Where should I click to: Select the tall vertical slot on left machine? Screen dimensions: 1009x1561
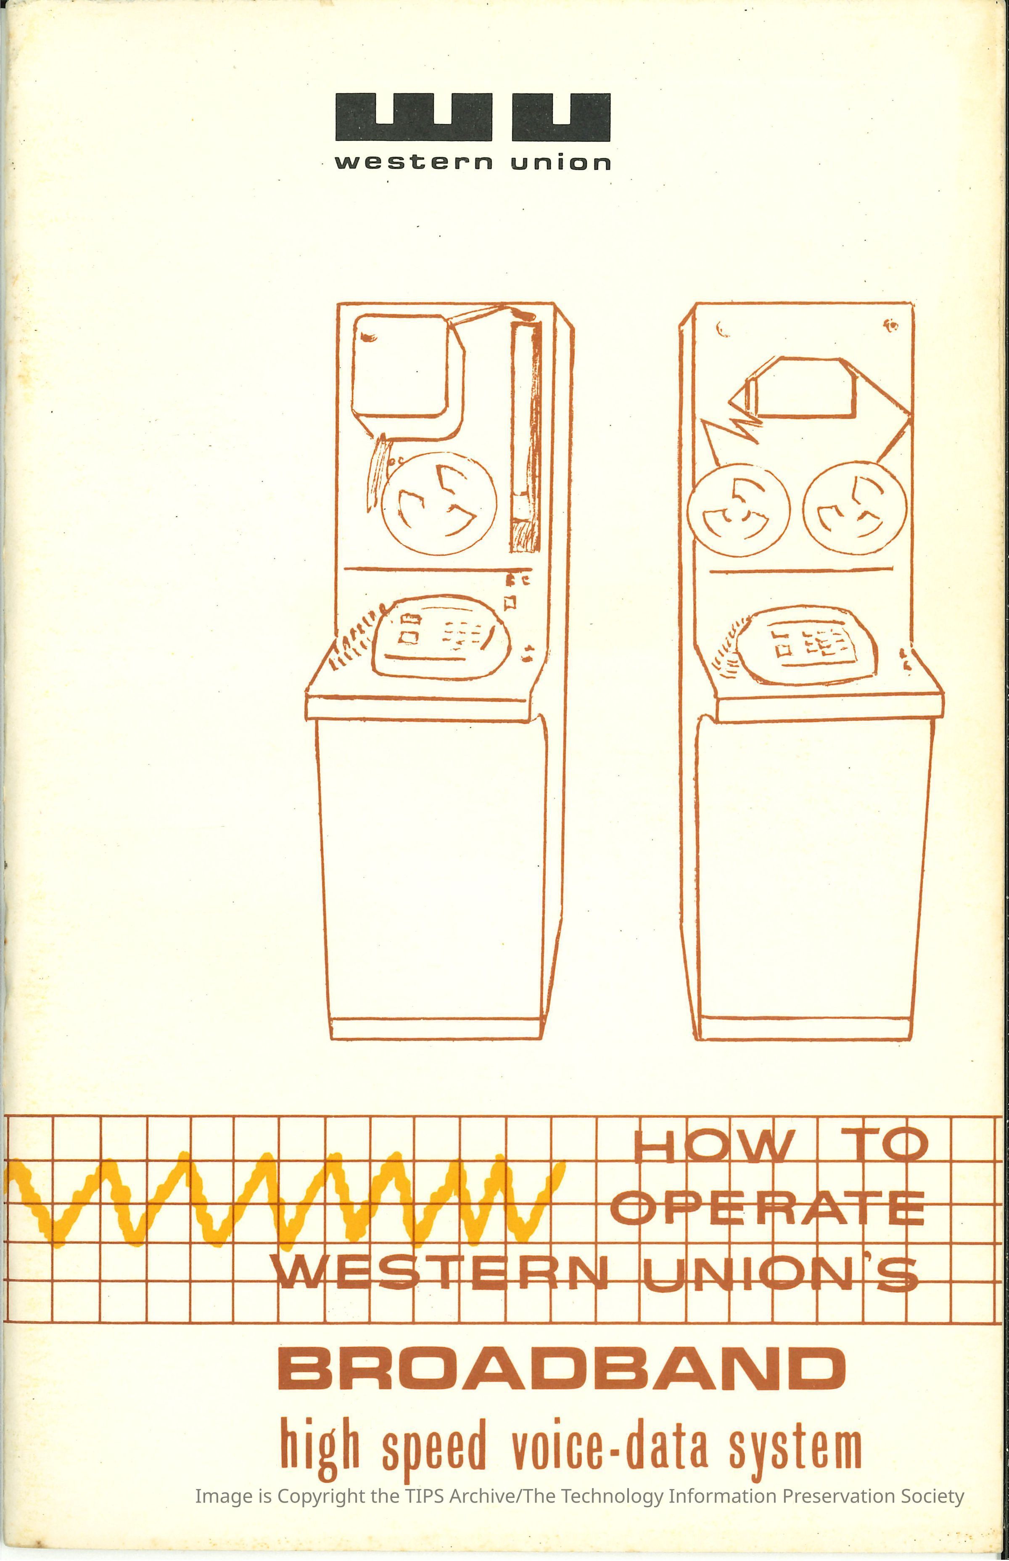[525, 434]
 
